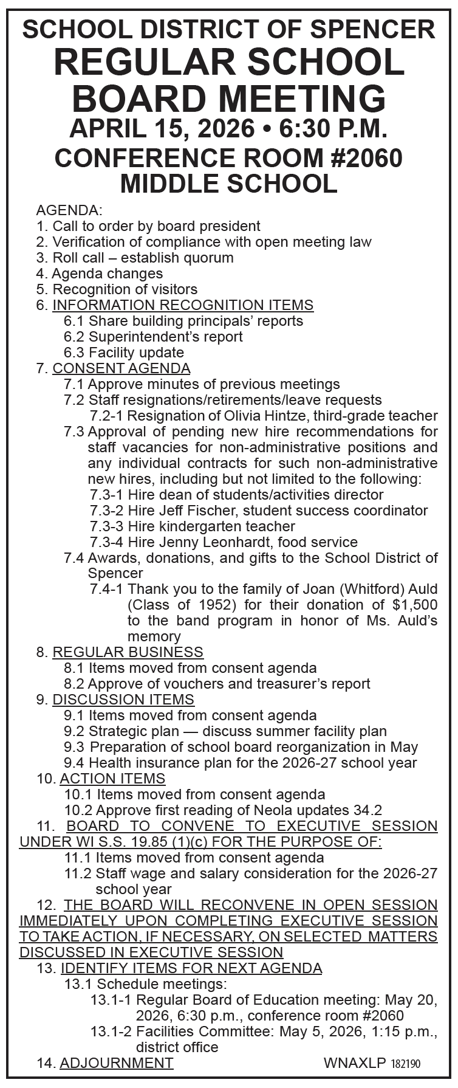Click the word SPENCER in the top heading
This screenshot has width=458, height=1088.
click(x=374, y=29)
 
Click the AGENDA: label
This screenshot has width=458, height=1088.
click(x=69, y=211)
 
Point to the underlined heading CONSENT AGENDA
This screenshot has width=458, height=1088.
click(x=121, y=368)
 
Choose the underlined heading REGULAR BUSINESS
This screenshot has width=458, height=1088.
click(x=128, y=652)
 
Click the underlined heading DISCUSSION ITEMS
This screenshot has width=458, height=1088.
click(x=123, y=700)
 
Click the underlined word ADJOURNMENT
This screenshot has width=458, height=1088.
click(x=117, y=1063)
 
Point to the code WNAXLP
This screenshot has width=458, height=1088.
click(x=355, y=1063)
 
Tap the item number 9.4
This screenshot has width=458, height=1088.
click(x=74, y=763)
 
